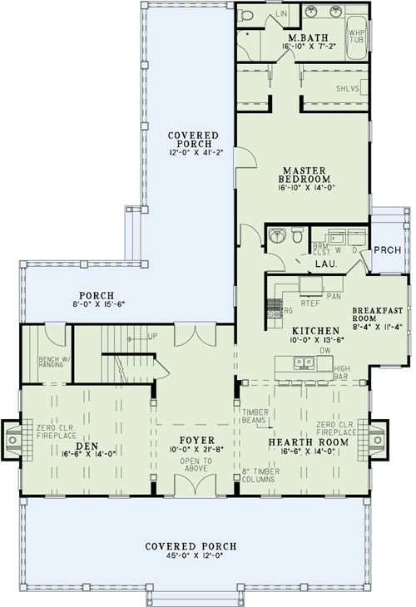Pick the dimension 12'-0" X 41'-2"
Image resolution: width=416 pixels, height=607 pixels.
point(193,152)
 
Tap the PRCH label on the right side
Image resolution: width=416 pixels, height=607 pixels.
point(387,249)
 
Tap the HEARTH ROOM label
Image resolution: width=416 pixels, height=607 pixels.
point(301,442)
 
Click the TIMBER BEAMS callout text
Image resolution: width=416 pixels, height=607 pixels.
point(255,417)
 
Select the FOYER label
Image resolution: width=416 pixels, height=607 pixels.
point(193,439)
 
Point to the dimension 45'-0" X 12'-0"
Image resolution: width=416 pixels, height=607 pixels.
point(191,557)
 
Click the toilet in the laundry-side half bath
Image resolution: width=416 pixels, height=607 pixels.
point(297,238)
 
